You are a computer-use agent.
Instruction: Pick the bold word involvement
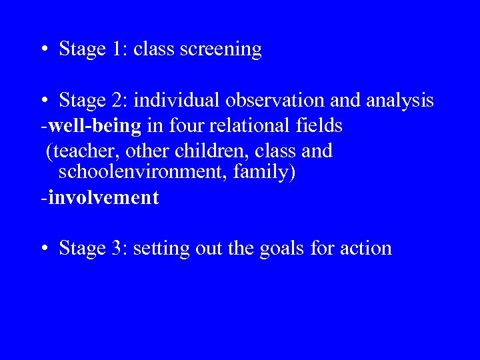point(103,197)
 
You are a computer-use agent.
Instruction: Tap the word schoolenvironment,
point(139,173)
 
